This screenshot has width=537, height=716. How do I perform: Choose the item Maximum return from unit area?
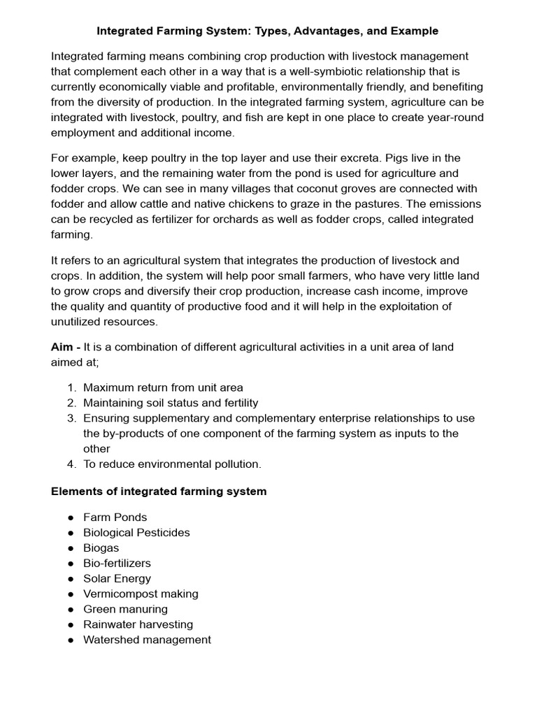coord(163,387)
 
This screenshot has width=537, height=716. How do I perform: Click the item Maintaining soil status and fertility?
coord(171,403)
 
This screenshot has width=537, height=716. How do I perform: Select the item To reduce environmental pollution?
coord(172,464)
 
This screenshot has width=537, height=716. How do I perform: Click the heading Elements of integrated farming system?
coord(159,492)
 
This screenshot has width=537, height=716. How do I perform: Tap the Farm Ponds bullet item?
coord(115,517)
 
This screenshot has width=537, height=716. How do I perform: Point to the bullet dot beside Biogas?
coord(71,548)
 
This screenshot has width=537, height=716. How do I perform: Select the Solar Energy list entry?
coord(117,579)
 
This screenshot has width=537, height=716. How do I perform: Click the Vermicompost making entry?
coord(141,594)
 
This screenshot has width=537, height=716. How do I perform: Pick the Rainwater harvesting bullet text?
coord(138,625)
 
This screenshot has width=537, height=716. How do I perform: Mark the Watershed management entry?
coord(147,640)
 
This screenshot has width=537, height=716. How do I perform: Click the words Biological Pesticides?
coord(136,533)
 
